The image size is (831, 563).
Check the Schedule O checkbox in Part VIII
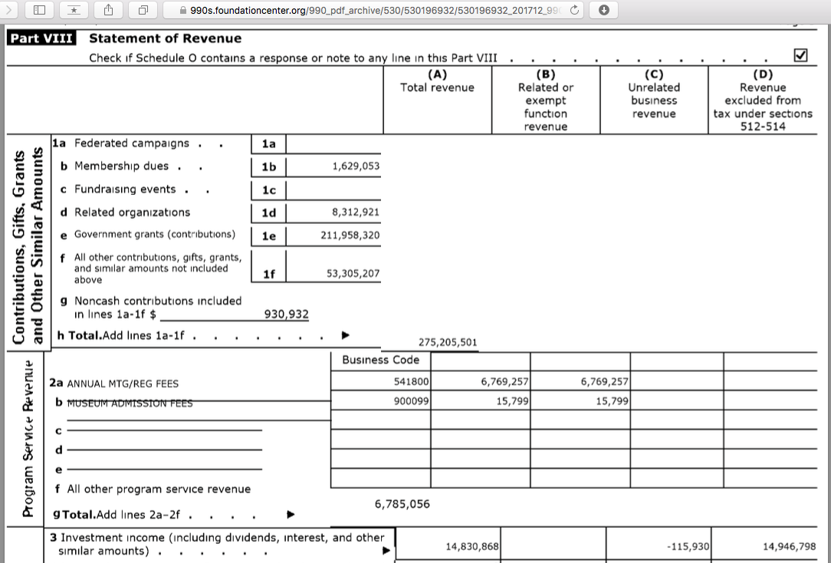[802, 55]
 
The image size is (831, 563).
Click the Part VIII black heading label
[41, 38]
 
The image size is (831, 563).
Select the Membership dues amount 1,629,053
[356, 166]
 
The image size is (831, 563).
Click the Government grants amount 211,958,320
[350, 235]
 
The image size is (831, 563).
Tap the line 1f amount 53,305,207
[353, 273]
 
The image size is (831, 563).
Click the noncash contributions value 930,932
[287, 314]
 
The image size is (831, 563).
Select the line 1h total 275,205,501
[448, 343]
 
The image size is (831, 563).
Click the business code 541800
[412, 381]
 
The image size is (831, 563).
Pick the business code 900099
[412, 401]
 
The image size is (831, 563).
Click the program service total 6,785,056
[402, 504]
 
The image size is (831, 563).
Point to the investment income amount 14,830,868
[472, 546]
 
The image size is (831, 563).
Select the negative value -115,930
[688, 546]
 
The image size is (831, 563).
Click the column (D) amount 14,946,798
[789, 546]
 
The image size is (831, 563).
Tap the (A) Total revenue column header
[437, 81]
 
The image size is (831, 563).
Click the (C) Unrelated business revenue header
[654, 94]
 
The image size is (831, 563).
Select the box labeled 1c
[268, 190]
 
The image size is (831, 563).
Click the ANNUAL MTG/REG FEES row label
[123, 384]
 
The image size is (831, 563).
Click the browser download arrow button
[604, 10]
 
